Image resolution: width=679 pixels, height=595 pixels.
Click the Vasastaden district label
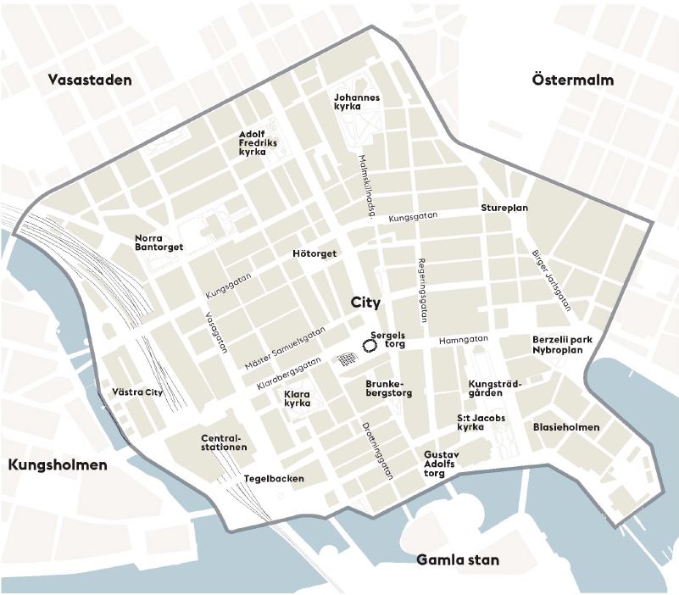coord(91,81)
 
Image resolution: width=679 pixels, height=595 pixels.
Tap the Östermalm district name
coord(572,80)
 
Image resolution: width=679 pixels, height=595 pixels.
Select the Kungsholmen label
coord(58,465)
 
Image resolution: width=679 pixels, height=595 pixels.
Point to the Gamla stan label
coord(458,560)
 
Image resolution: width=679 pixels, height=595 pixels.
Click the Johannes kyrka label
coord(357,102)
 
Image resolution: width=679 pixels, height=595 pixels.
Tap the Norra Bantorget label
coord(159,242)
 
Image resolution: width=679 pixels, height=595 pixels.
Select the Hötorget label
coord(314,253)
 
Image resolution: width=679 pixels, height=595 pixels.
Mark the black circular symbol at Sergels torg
coord(370,346)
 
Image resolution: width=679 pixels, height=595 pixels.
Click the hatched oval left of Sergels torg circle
coord(346,359)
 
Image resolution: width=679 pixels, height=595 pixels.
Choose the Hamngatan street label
coord(464,340)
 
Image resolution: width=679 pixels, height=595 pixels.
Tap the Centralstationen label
coord(224,442)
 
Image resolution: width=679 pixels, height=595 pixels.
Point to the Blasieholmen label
coord(565,427)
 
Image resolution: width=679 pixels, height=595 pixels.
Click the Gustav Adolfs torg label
coord(440,464)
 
